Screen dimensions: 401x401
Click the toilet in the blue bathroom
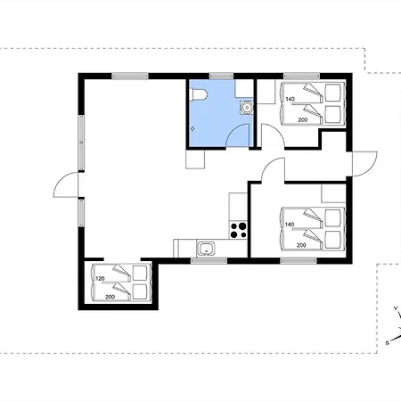(x=199, y=94)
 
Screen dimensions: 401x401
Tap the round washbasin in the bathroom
(x=246, y=108)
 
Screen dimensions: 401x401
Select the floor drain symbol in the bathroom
(x=192, y=129)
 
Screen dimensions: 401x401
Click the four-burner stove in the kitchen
(x=239, y=230)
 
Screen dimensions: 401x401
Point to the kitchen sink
(x=206, y=249)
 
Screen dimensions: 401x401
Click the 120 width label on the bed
(x=100, y=279)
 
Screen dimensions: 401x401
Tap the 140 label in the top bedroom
(x=291, y=99)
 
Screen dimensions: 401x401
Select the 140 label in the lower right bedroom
(x=290, y=225)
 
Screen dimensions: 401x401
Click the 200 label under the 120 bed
(x=110, y=297)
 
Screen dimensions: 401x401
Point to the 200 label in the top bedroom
(x=302, y=120)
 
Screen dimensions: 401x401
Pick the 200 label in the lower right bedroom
(x=301, y=245)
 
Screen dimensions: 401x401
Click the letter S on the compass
(x=387, y=343)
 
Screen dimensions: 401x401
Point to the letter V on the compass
(x=396, y=308)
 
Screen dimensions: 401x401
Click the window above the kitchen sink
(x=209, y=261)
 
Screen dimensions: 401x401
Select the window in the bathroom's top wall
(x=221, y=76)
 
